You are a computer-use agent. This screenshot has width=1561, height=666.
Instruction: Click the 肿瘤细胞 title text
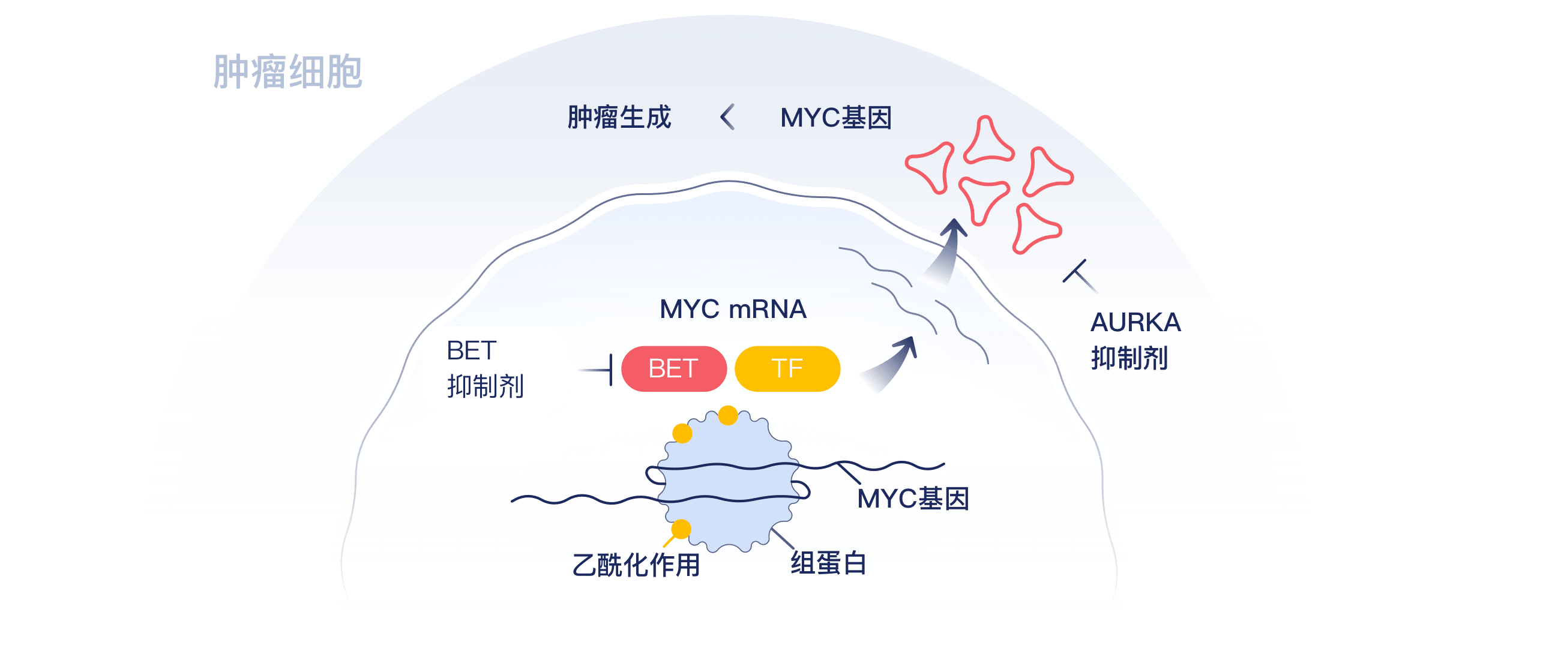click(x=288, y=72)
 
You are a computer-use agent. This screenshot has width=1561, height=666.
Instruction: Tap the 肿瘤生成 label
click(x=619, y=118)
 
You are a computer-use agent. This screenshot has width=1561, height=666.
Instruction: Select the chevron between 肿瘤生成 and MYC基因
click(x=727, y=117)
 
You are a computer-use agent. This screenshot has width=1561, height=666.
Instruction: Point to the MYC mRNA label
click(x=733, y=309)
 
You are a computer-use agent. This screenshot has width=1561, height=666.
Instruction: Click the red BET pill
click(x=673, y=368)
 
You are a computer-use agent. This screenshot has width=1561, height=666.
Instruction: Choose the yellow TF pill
click(x=787, y=368)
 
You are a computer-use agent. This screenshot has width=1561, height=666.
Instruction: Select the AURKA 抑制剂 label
click(x=1135, y=340)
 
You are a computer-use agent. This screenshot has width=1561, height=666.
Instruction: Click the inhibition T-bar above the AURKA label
click(x=1079, y=276)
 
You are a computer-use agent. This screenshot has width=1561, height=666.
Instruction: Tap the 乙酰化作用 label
click(x=636, y=565)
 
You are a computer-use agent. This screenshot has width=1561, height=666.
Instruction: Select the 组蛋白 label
click(x=828, y=563)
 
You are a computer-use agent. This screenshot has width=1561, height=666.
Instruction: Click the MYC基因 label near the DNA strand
click(x=913, y=499)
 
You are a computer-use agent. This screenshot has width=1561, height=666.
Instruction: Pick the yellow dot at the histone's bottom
click(x=681, y=529)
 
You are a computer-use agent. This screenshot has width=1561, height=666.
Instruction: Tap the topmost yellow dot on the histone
click(x=727, y=416)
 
